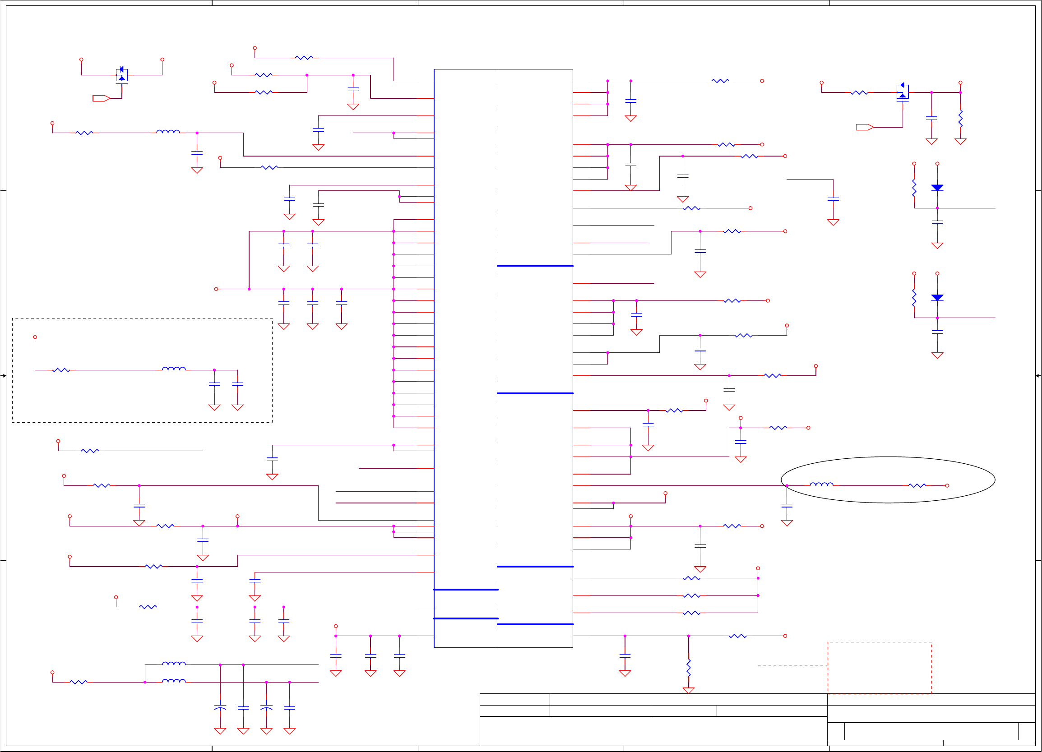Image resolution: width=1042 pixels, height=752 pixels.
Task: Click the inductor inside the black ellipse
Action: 821,484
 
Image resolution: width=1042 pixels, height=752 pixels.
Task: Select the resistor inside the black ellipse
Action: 917,485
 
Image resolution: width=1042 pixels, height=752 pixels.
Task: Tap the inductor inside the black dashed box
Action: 174,369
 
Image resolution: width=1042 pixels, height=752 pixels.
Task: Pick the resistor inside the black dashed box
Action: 61,370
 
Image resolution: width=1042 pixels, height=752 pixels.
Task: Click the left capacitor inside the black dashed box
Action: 214,384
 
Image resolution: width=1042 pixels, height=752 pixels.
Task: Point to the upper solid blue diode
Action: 937,188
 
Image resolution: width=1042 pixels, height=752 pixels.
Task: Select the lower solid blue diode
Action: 937,298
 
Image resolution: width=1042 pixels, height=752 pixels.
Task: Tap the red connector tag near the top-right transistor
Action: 864,127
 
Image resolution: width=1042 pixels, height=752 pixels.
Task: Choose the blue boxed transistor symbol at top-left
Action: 122,75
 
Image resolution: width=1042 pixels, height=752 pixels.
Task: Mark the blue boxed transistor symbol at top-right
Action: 903,92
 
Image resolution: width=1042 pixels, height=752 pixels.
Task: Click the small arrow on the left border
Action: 3,376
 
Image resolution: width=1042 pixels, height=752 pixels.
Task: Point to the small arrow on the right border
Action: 1038,376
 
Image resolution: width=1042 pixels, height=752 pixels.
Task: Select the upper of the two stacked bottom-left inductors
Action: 174,664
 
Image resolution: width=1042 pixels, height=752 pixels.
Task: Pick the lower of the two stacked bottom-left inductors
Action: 174,681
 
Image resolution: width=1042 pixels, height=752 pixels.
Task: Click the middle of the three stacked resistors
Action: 691,596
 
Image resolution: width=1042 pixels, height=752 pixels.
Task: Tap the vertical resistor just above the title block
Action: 688,668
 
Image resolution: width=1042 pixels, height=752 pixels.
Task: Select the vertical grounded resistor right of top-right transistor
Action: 960,119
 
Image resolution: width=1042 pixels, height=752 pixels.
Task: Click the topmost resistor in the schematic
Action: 304,58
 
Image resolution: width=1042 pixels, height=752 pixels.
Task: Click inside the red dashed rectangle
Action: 880,668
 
